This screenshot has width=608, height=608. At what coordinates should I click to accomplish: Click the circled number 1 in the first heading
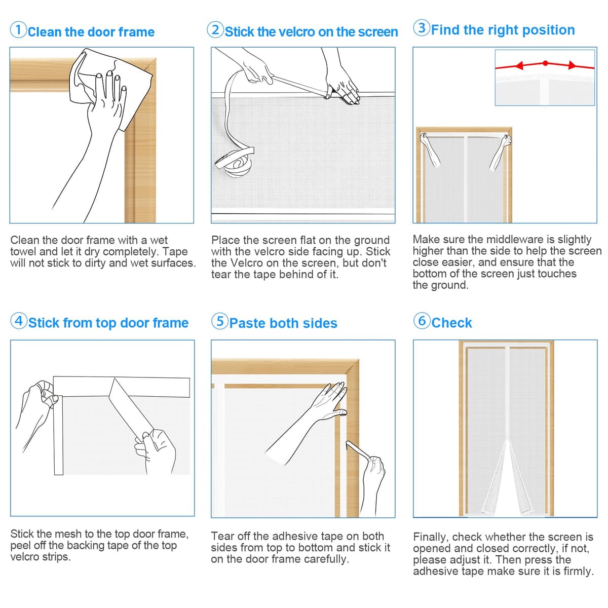pos(18,30)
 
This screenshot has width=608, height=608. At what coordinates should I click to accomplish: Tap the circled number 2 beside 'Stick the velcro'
pos(215,30)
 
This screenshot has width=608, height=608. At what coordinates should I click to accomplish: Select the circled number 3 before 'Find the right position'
pos(422,28)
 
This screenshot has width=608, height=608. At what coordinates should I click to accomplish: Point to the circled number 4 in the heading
pos(19,321)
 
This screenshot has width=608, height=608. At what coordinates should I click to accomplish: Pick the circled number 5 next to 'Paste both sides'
pos(219,321)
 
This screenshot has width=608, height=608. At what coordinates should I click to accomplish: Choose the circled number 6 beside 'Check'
pos(422,321)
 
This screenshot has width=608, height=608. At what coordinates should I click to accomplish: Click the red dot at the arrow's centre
pos(546,63)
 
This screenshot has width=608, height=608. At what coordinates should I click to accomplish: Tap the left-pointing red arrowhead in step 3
pos(519,66)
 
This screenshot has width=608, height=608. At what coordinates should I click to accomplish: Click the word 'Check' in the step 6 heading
pos(451,323)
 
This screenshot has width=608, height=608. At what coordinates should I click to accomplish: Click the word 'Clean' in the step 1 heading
pos(45,32)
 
